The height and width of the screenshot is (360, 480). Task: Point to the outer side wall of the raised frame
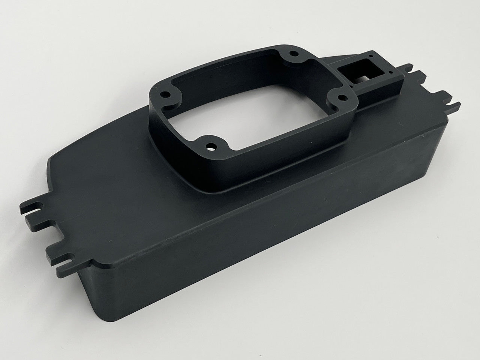coord(262,157)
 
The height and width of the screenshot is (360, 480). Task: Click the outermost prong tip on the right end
coord(456,103)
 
